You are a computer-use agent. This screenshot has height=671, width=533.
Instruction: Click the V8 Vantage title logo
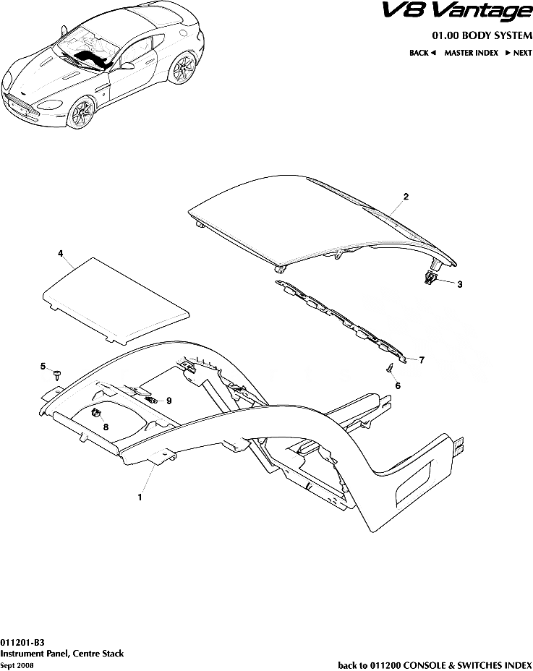pos(456,12)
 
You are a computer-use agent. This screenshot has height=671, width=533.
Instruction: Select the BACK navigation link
pos(422,53)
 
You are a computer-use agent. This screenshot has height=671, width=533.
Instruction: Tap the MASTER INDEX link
pos(471,53)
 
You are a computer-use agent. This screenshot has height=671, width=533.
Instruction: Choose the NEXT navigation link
pos(519,53)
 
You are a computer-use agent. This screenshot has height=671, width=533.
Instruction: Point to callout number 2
pos(406,197)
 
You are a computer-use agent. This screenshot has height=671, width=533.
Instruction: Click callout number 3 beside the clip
pos(460,284)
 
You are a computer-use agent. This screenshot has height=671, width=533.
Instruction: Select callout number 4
pos(61,253)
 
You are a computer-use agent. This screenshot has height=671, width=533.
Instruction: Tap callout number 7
pos(422,360)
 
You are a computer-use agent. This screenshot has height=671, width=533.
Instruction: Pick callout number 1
pos(140,497)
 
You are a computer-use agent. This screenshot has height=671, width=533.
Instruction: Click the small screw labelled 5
pos(57,375)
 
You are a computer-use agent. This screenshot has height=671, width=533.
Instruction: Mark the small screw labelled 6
pos(389,367)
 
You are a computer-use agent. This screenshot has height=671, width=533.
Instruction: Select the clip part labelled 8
pos(96,414)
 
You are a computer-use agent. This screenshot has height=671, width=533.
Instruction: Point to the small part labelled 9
pos(150,400)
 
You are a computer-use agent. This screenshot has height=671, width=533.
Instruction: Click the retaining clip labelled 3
pos(430,278)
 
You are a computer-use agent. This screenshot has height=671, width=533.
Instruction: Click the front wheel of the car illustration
pos(82,113)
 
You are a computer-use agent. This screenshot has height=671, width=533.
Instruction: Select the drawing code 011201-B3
pos(22,642)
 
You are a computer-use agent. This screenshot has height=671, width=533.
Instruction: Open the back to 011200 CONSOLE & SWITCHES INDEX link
pos(435,665)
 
